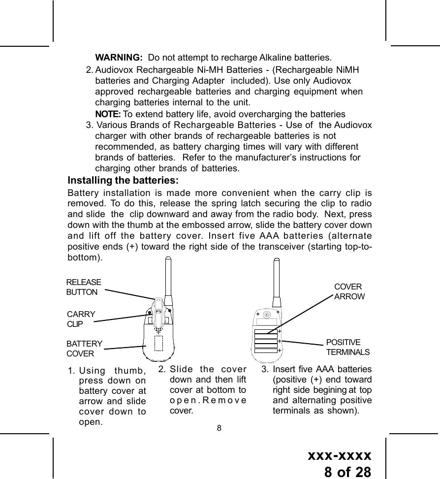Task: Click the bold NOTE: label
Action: coord(108,114)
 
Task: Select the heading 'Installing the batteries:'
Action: coord(123,180)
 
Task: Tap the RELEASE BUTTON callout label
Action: coord(83,287)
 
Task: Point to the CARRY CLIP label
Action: coord(81,319)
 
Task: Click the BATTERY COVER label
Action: coord(84,349)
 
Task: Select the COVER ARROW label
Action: coord(349,291)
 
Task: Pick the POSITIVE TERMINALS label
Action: coord(347,347)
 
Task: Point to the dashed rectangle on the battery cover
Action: coord(158,343)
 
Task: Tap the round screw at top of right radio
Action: coord(266,315)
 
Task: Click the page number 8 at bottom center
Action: coord(220,427)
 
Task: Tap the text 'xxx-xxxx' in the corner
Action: coord(339,454)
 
